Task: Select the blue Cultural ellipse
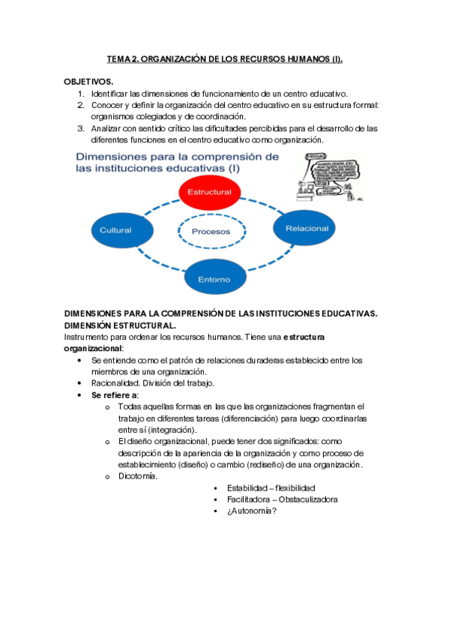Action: pos(115,230)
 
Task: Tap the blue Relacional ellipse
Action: pos(306,228)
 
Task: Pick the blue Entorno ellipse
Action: pos(214,279)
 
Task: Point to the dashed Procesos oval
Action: pos(211,231)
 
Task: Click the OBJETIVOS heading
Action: pos(88,80)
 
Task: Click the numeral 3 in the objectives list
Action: pos(81,128)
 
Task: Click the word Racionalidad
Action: pos(117,383)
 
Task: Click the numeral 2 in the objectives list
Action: pos(81,105)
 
